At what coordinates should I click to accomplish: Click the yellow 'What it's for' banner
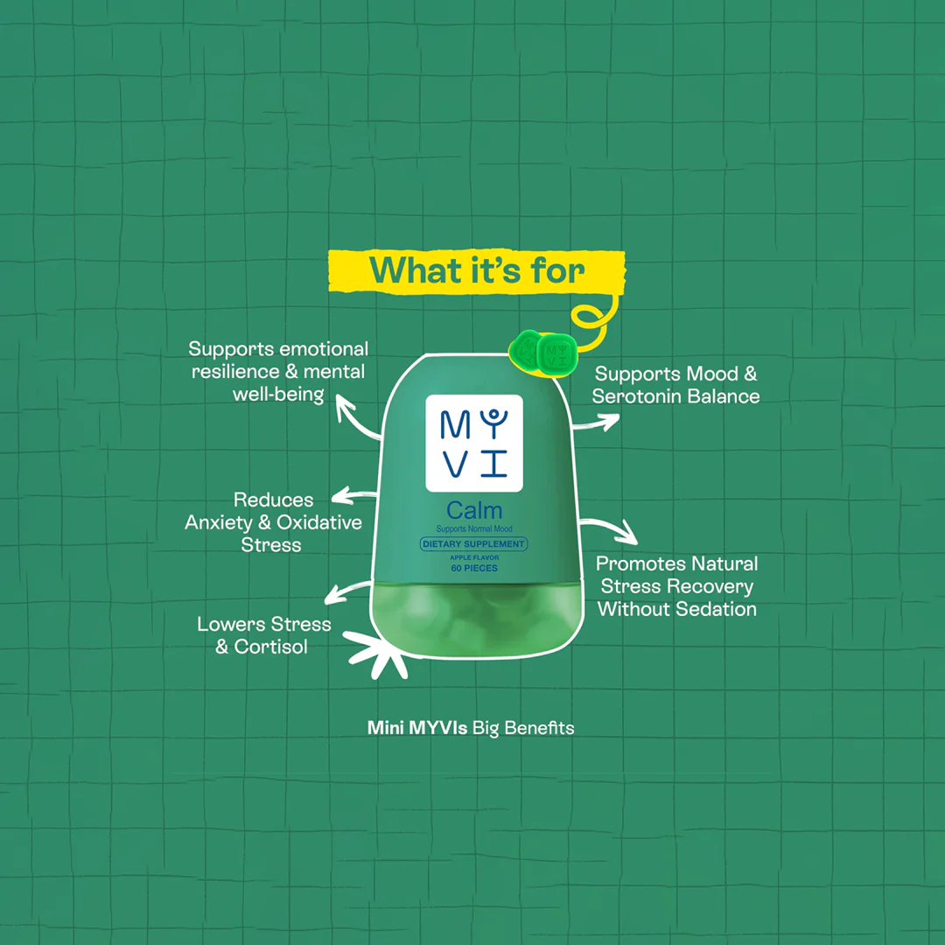[477, 271]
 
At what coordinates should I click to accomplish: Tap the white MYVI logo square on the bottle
[474, 443]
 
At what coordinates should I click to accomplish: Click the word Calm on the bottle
[474, 510]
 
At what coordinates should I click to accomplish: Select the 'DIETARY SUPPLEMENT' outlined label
[473, 543]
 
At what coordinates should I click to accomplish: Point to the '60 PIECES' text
[474, 568]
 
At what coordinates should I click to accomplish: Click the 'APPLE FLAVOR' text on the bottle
[474, 557]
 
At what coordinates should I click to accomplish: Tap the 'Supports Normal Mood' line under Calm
[474, 528]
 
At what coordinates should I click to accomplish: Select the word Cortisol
[270, 647]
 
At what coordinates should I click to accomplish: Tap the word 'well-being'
[278, 394]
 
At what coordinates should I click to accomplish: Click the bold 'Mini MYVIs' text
[417, 727]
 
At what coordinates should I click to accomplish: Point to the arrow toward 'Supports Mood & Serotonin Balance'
[597, 422]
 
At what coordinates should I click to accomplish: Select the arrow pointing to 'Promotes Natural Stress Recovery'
[610, 528]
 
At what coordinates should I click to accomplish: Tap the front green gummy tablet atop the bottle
[556, 353]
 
